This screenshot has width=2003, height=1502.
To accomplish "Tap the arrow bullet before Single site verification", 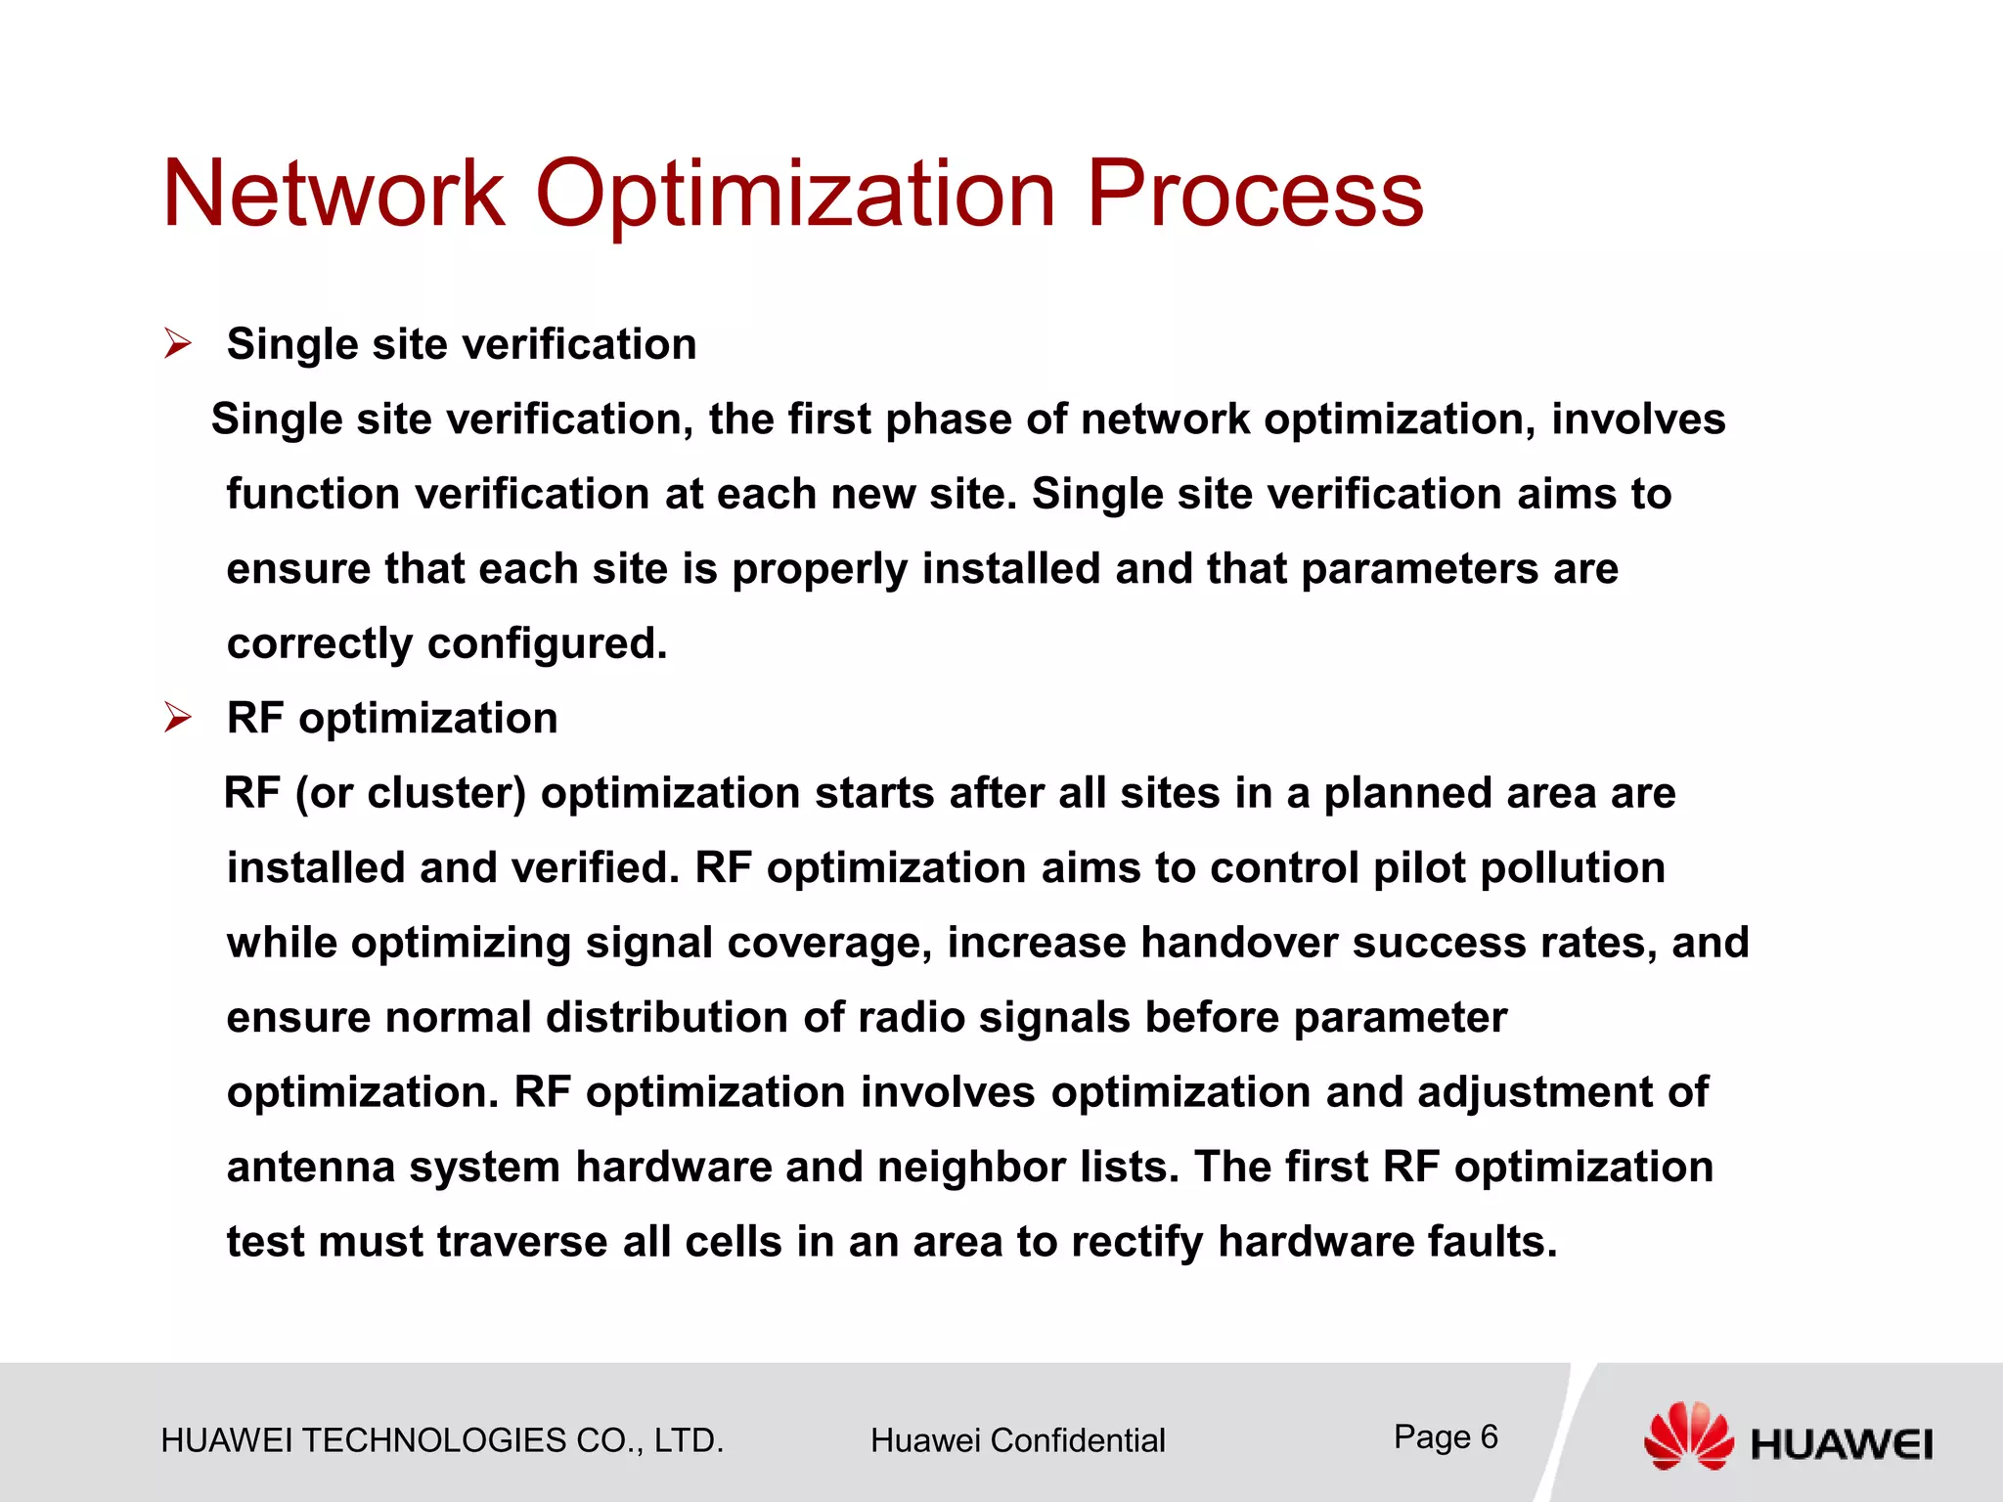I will (178, 344).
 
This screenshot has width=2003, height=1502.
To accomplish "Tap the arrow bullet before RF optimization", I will (178, 718).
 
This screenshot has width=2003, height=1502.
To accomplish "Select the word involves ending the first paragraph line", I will (1638, 420).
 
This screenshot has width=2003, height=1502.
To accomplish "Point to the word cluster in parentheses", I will (446, 793).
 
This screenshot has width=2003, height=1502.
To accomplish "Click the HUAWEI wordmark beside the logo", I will (1842, 1444).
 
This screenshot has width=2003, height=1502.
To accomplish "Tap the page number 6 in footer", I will (1489, 1436).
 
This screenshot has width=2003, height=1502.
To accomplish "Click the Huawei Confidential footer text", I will (1017, 1440).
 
